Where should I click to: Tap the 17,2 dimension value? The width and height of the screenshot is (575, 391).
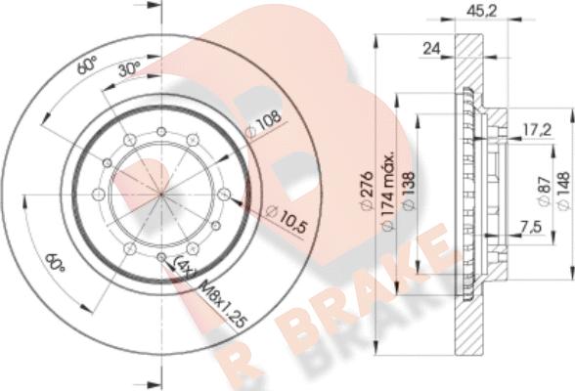(534, 128)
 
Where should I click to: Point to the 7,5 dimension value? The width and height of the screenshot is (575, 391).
(530, 228)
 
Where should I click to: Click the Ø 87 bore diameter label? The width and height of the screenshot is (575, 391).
(543, 193)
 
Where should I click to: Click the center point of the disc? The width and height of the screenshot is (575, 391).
(161, 195)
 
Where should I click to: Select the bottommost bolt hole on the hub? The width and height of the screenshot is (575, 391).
(161, 257)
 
